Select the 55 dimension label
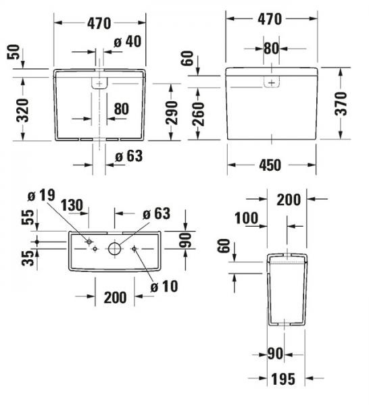click(28, 217)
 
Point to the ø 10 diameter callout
click(164, 286)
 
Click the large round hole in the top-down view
click(114, 248)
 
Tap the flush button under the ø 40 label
click(99, 84)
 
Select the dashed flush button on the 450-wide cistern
click(272, 82)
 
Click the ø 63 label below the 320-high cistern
click(128, 156)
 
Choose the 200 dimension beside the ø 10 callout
click(116, 296)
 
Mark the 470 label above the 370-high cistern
click(269, 20)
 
